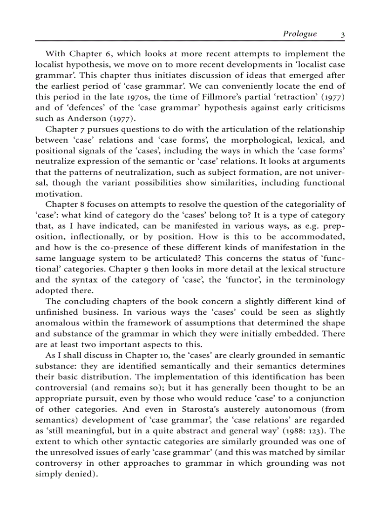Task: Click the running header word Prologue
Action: click(299, 34)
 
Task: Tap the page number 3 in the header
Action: click(342, 34)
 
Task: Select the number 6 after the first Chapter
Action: click(106, 54)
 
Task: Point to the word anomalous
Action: click(58, 323)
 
